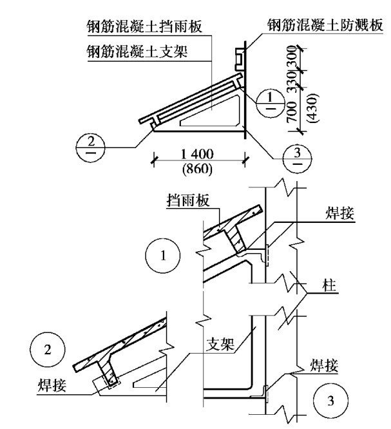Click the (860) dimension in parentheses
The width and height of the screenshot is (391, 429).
point(198,171)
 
